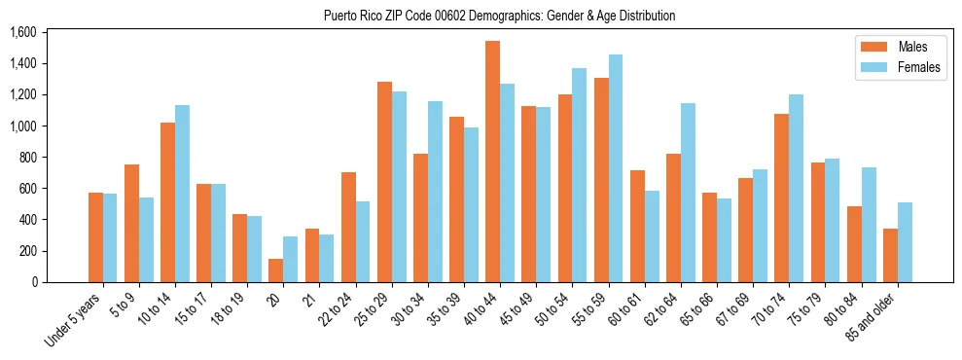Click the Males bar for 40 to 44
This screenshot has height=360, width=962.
[492, 162]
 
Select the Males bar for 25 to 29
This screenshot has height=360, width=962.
[384, 182]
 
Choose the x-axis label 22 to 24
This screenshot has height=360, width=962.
[337, 313]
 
